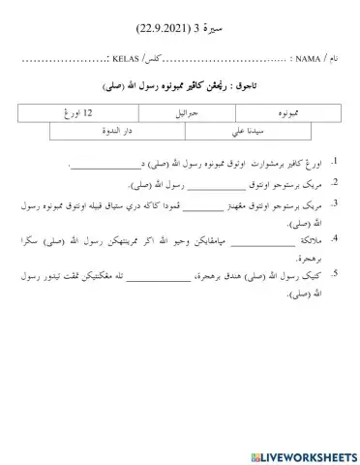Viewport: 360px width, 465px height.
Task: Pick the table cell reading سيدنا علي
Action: point(230,133)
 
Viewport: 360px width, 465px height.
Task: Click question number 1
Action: point(334,160)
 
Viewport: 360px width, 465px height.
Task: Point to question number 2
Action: point(334,182)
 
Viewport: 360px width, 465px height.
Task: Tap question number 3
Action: point(334,203)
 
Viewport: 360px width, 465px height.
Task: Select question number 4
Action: point(334,239)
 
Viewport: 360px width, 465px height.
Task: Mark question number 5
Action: point(334,275)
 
